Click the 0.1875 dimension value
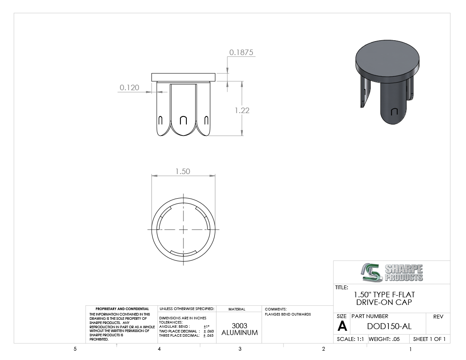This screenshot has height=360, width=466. click(241, 52)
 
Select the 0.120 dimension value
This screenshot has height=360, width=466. click(129, 87)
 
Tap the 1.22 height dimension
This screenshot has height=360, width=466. click(242, 110)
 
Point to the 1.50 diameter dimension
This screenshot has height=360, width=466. click(183, 172)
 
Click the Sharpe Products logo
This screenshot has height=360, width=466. click(392, 272)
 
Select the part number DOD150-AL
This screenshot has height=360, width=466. click(389, 326)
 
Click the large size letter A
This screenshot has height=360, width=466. click(342, 327)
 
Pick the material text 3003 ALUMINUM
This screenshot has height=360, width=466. click(239, 329)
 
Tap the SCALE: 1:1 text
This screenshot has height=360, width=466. click(350, 339)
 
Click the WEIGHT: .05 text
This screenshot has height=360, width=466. click(384, 339)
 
